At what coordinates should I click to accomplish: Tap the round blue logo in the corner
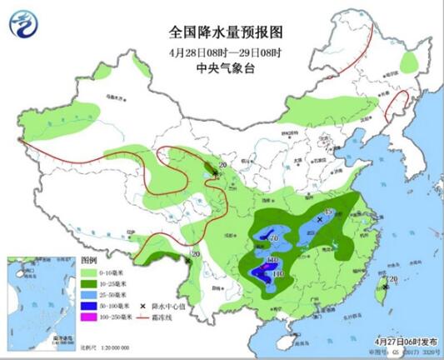[24, 23]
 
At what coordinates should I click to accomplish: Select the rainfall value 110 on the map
[278, 272]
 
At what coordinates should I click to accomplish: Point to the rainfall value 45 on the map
[327, 213]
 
